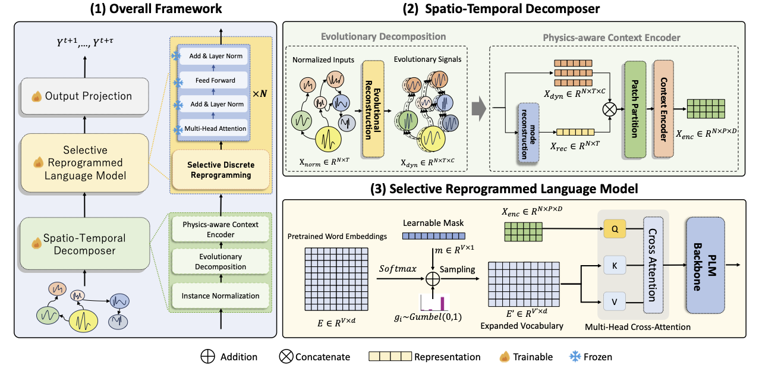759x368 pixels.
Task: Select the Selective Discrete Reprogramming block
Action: tap(220, 169)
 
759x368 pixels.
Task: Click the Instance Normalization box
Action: tap(221, 295)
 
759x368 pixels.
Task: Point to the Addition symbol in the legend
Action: tap(207, 357)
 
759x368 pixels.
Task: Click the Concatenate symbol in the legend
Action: tap(286, 357)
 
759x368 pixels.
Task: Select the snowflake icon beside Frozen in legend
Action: tap(574, 357)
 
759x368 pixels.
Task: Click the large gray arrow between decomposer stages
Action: tap(477, 109)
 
